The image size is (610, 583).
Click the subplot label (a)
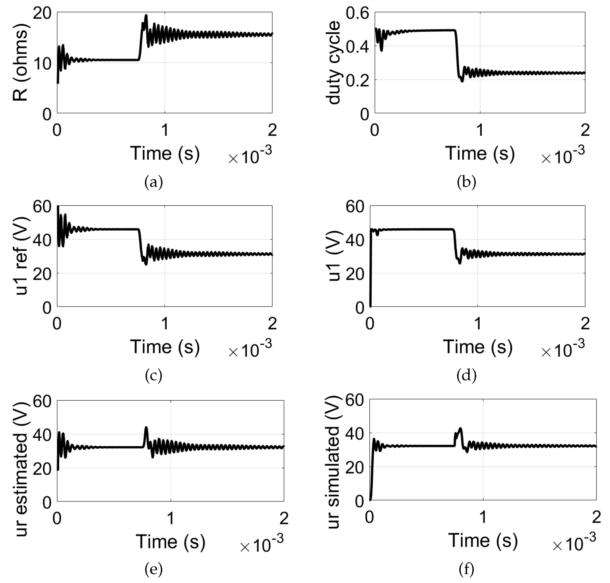pyautogui.click(x=153, y=182)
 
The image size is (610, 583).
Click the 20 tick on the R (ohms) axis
pyautogui.click(x=42, y=13)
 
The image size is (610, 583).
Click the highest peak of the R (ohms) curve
pyautogui.click(x=146, y=16)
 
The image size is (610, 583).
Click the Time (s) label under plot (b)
pyautogui.click(x=480, y=153)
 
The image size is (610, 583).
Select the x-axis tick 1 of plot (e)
pyautogui.click(x=170, y=518)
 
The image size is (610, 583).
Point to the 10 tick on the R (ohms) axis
pyautogui.click(x=42, y=64)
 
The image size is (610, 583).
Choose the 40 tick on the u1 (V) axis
pyautogui.click(x=355, y=240)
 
